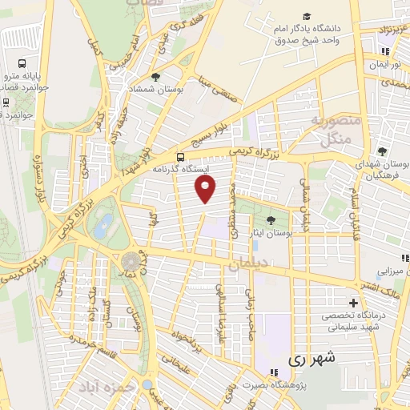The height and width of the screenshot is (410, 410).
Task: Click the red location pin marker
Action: (x=207, y=190)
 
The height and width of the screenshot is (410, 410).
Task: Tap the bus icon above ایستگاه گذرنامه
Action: (x=182, y=157)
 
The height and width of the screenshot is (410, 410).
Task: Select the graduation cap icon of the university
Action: (x=307, y=17)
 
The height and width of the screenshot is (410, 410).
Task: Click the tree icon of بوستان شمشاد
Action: (x=155, y=78)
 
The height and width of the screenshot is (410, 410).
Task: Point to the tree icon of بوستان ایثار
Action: (x=270, y=219)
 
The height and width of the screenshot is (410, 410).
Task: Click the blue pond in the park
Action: (x=102, y=227)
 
